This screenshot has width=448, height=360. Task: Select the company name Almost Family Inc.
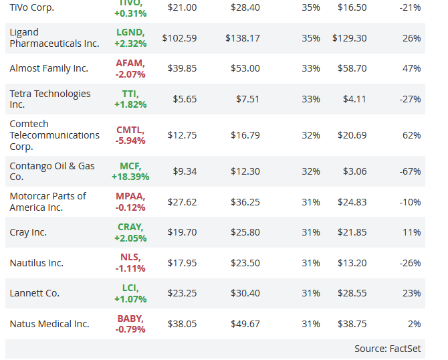(48, 68)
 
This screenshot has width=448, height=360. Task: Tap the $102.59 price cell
(179, 38)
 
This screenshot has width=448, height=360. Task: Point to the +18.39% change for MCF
(130, 177)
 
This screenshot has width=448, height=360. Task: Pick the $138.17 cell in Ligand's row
(242, 38)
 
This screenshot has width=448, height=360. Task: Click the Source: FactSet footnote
(387, 349)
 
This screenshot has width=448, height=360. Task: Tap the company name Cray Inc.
(28, 232)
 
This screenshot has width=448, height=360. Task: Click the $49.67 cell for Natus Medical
(245, 324)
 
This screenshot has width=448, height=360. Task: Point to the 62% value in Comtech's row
(412, 135)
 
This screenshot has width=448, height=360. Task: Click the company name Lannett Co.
(34, 293)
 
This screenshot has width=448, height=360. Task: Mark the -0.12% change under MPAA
(130, 207)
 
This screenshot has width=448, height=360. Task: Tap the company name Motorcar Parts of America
(47, 201)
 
